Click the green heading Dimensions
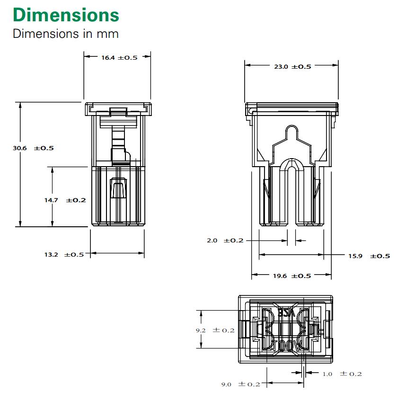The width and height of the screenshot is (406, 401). (x=66, y=15)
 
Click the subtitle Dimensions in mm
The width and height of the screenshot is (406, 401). (x=66, y=34)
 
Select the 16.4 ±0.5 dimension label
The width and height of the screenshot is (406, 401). (x=119, y=57)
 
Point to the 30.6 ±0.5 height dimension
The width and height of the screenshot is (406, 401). (x=34, y=148)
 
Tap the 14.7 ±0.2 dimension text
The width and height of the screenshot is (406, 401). (x=65, y=200)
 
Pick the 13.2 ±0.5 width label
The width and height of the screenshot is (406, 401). (x=64, y=255)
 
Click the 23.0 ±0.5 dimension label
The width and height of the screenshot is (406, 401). (x=292, y=67)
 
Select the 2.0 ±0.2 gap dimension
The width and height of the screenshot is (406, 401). (x=225, y=241)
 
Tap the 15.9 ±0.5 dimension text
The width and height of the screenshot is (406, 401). (x=369, y=256)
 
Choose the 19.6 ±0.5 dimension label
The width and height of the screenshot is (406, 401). (x=292, y=276)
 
